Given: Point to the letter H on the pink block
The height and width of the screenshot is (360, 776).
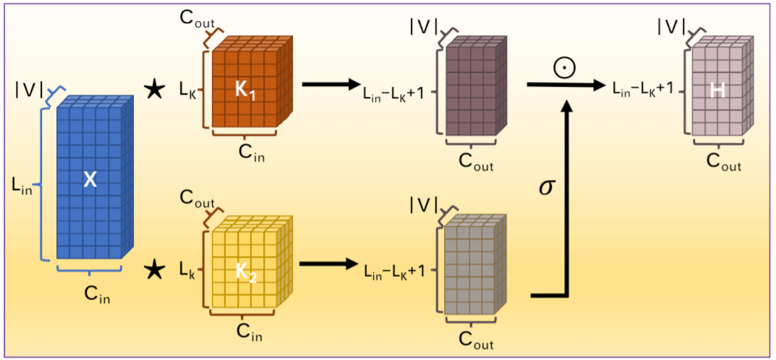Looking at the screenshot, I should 717,89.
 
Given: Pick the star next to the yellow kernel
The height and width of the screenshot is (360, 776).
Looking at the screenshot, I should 153,270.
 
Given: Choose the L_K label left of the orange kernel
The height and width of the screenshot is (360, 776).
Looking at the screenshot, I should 187,90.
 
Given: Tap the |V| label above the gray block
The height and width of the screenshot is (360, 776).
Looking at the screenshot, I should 424,205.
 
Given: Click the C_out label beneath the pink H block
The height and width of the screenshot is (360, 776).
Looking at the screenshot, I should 722,163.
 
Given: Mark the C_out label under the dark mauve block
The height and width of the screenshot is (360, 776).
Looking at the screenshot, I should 477,161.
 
